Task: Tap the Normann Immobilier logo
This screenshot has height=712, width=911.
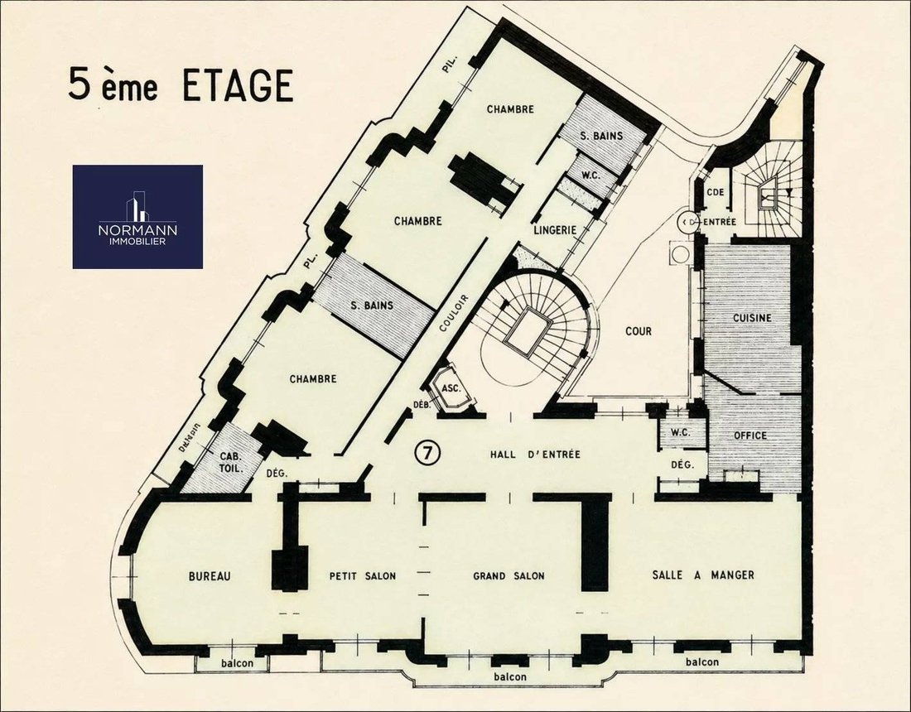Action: tap(137, 217)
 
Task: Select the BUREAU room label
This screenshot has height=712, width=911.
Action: tap(210, 576)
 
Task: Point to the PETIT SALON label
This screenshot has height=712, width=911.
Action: tap(363, 576)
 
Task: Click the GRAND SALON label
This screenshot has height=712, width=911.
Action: tap(509, 576)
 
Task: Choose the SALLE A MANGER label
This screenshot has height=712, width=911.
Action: tap(703, 575)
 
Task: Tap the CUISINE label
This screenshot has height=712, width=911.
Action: tap(752, 318)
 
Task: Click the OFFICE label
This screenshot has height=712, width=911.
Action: tap(750, 435)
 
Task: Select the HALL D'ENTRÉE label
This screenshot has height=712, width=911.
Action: tap(535, 455)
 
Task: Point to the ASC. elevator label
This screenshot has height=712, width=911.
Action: tap(451, 388)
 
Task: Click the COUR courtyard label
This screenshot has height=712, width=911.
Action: tap(639, 331)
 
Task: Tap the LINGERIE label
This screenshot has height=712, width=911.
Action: tap(555, 230)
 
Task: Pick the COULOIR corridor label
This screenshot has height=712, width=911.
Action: tap(454, 313)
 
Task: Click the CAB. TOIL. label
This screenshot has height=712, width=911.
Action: tap(231, 462)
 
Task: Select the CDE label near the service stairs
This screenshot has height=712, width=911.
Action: tap(716, 191)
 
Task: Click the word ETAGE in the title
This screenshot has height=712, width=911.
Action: tap(238, 85)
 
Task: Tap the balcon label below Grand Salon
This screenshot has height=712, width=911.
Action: tap(510, 676)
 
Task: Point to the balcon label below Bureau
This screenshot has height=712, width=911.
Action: tap(237, 662)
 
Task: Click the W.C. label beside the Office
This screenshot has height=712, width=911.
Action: tap(680, 432)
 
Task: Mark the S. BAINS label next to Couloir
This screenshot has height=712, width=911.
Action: tap(372, 305)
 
